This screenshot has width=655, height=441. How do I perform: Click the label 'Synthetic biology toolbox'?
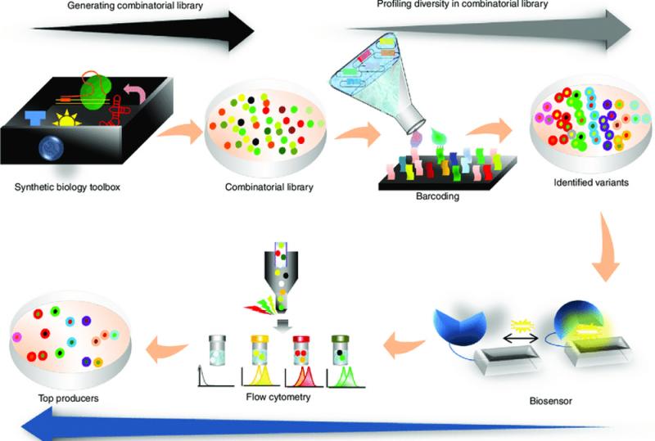67,187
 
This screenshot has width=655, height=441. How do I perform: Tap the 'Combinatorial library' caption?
269,187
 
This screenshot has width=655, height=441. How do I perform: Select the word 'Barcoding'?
437,196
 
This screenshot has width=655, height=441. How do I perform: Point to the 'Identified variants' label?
591,182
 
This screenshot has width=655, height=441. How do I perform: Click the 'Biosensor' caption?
550,402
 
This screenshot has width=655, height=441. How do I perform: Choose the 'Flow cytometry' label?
278,397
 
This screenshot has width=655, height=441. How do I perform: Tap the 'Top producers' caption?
68,398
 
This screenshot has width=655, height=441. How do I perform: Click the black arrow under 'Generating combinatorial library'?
142,30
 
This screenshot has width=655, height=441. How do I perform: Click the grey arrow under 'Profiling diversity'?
489,29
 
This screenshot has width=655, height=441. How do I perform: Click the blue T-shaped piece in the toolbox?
34,117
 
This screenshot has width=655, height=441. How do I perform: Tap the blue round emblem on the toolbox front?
51,147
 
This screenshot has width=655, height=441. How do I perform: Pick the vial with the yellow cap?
260,351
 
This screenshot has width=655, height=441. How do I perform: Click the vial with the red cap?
302,351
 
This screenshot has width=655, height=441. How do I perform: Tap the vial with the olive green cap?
341,351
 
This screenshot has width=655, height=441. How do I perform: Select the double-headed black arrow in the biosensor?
521,338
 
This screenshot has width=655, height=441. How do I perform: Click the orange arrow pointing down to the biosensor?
606,246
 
